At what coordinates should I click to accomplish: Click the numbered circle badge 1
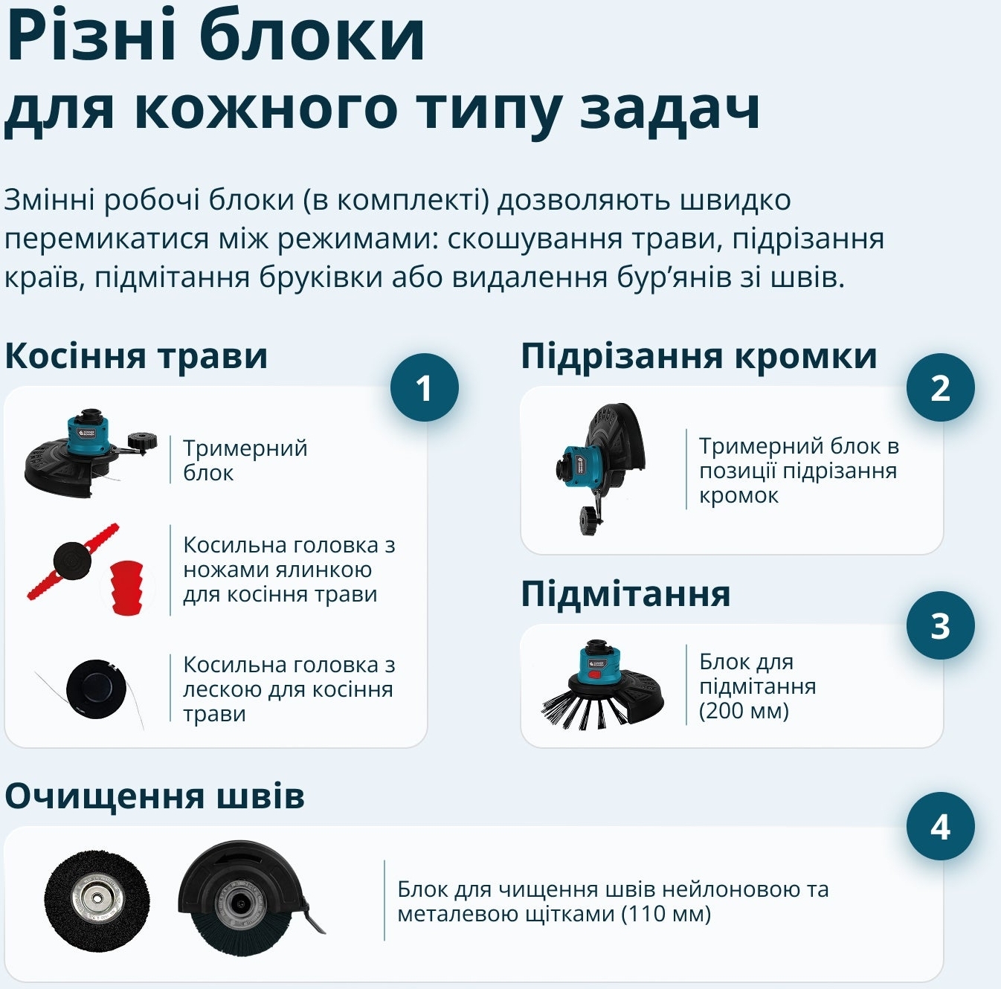[x=424, y=387]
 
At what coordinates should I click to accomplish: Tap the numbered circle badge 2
[x=940, y=387]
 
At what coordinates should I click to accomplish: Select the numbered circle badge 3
[x=940, y=625]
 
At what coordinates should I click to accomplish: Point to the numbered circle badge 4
[x=940, y=826]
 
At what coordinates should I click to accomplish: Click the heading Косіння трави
[x=136, y=356]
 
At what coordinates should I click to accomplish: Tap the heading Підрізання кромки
[x=698, y=356]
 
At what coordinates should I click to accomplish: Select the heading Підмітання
[x=625, y=594]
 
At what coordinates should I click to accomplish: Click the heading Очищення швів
[x=155, y=796]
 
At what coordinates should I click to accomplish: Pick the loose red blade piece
[x=126, y=587]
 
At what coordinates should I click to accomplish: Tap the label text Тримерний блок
[x=245, y=460]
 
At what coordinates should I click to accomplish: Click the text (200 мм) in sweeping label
[x=744, y=711]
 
